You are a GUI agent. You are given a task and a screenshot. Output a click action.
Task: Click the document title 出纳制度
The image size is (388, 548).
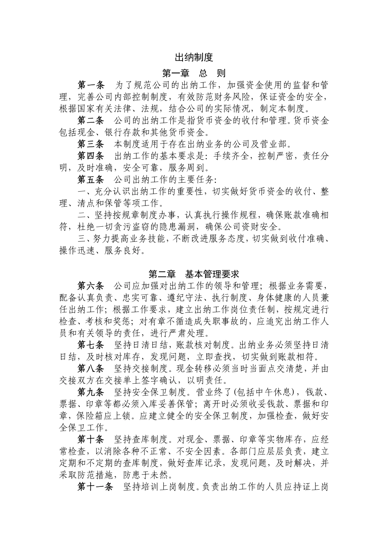[194, 57]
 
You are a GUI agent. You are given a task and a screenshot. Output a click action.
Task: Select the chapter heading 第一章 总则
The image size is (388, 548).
[194, 73]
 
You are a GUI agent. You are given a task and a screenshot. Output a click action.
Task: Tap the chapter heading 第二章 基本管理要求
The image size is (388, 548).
[194, 274]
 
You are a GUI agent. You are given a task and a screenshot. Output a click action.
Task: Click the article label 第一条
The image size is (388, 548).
[91, 85]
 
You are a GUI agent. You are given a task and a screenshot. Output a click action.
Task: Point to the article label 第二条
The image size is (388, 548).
[91, 121]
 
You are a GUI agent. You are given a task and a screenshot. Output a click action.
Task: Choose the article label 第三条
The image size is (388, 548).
[91, 144]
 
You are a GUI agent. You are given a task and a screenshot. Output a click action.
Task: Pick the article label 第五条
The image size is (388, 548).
[91, 179]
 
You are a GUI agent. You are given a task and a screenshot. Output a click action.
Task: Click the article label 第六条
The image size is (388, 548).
[91, 285]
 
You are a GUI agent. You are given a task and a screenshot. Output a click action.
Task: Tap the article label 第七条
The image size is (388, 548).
[91, 345]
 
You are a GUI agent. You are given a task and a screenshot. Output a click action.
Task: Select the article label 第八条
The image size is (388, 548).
[91, 369]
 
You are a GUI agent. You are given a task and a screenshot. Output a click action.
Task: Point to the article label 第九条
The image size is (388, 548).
[91, 392]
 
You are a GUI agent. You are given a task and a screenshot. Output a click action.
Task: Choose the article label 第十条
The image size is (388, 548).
[91, 440]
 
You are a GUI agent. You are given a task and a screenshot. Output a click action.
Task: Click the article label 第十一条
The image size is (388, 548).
[96, 487]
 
